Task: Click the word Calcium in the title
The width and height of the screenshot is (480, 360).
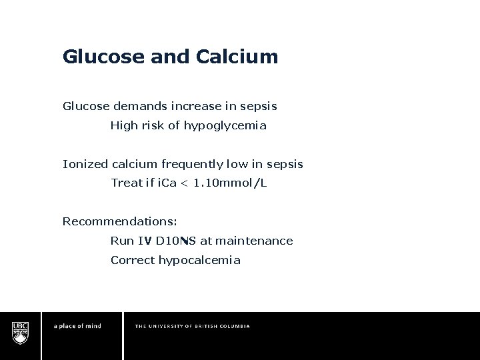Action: tap(237, 57)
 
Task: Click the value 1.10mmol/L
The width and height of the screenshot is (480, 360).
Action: tap(230, 183)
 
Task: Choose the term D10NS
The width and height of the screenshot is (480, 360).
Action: tap(175, 241)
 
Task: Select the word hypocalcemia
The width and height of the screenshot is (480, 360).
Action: tap(199, 260)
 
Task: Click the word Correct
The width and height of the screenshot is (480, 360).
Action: tap(132, 260)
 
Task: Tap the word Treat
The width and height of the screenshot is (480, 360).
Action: tap(126, 183)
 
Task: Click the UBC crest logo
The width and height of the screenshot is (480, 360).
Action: tap(20, 332)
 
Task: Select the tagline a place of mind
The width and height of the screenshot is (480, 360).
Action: tap(77, 326)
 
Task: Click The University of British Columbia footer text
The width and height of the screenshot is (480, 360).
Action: tap(192, 326)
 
